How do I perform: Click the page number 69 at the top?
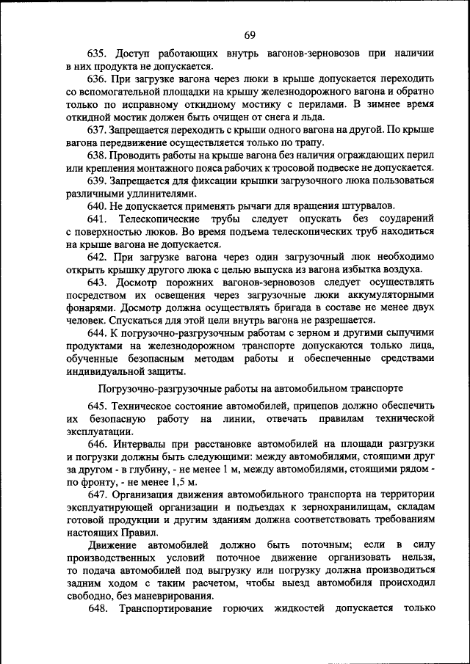click(x=250, y=35)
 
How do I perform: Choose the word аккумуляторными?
click(x=385, y=294)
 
